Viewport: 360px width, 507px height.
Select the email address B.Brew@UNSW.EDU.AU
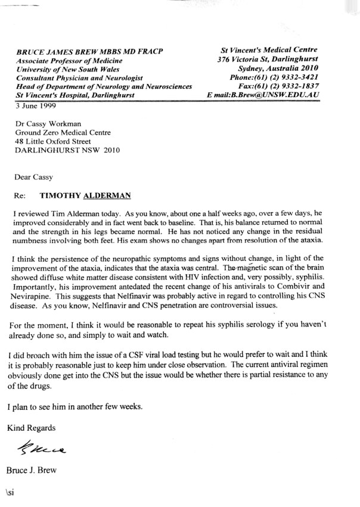pyautogui.click(x=280, y=95)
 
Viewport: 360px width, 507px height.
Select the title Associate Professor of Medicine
pyautogui.click(x=70, y=60)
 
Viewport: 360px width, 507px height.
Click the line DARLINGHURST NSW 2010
pyautogui.click(x=67, y=150)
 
